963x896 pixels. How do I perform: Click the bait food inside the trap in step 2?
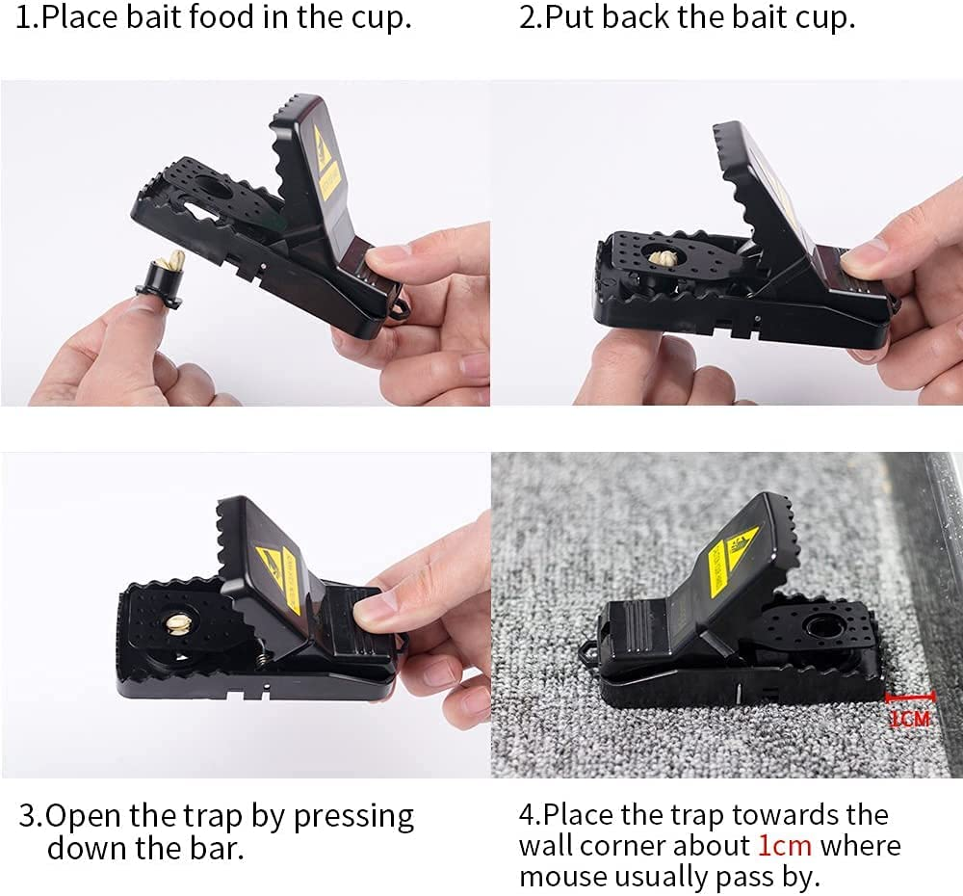pos(661,258)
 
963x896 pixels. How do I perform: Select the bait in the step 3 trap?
pos(179,625)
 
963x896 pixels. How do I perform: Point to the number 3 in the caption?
pos(28,816)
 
